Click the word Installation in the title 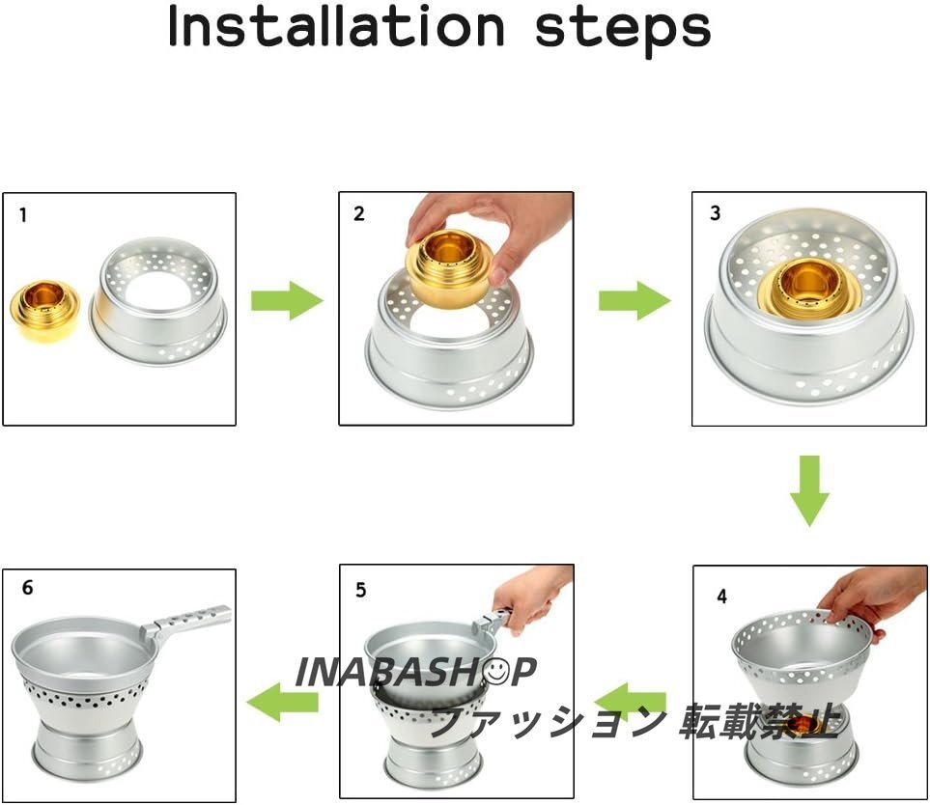(336, 26)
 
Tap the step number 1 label (23, 214)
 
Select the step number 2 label (359, 213)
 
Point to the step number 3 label (716, 212)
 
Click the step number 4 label (721, 596)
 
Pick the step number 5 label (360, 590)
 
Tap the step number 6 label (27, 588)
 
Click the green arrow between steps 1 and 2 (287, 300)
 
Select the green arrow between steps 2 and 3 (634, 300)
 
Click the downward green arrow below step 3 (809, 490)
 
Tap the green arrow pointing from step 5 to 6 (282, 702)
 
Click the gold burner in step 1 (45, 310)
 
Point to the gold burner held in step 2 (448, 264)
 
